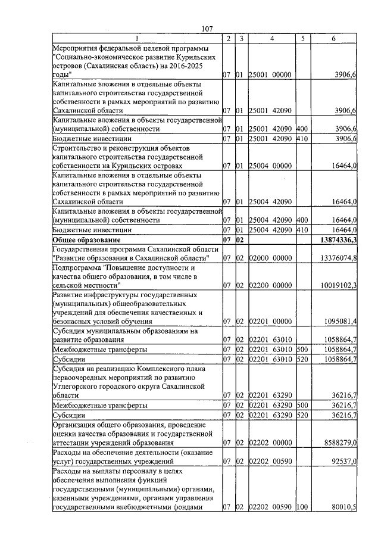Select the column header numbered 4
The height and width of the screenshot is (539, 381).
(271, 39)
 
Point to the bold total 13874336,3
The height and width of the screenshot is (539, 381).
(335, 239)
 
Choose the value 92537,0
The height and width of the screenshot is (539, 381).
(343, 461)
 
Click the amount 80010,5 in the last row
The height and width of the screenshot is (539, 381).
(343, 507)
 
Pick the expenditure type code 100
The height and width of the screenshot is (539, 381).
(302, 507)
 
